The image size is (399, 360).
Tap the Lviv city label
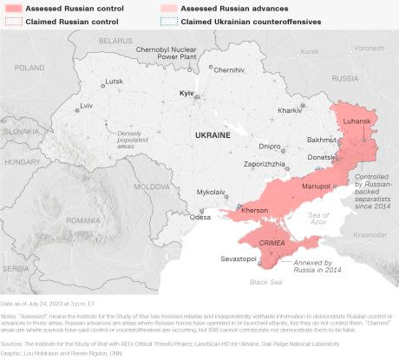pos(86,105)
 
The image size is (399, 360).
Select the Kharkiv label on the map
pos(289,110)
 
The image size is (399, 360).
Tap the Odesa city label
pos(200,217)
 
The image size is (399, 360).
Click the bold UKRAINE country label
pos(212,136)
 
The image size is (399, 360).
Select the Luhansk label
pos(359,121)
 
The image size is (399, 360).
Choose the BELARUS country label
pos(114,41)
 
